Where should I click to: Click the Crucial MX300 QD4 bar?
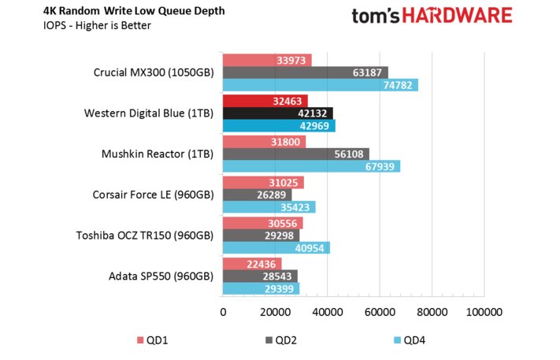pos(320,85)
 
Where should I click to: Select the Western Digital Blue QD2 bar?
pos(277,113)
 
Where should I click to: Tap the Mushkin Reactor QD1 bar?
pos(264,142)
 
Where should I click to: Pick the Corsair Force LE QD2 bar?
pos(257,195)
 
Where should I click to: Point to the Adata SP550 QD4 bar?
pos(261,289)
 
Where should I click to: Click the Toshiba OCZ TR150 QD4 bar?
pos(276,247)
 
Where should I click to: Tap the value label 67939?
pos(380,166)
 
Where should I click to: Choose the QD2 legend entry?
pos(283,340)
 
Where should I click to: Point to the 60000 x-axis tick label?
pos(379,313)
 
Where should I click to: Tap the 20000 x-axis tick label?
pos(275,313)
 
